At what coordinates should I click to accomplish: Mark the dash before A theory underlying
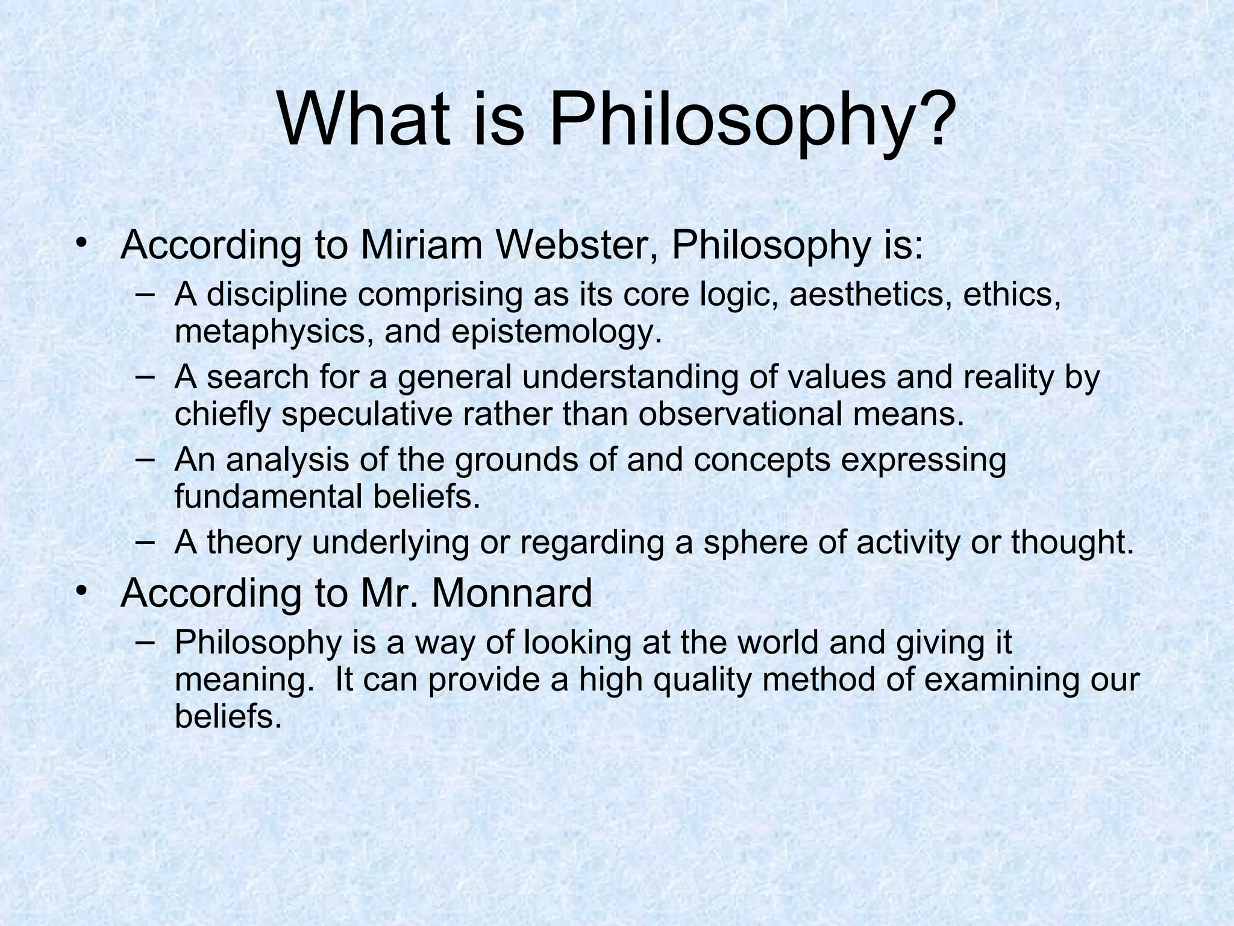(145, 541)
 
